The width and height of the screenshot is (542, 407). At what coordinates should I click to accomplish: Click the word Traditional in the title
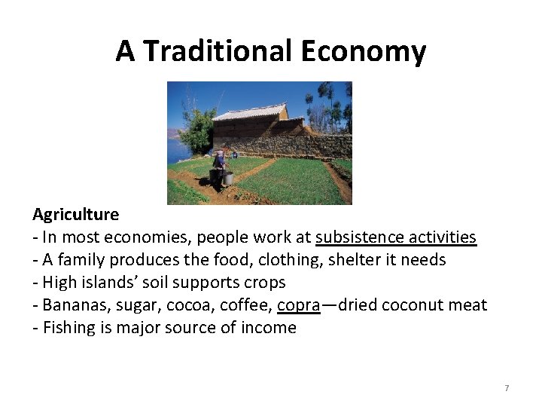pyautogui.click(x=217, y=51)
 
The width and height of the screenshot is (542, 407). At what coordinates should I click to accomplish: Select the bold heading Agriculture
pyautogui.click(x=75, y=214)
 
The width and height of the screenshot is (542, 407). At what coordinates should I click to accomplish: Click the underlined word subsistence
pyautogui.click(x=359, y=237)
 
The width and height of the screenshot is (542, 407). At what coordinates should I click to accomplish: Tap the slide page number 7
pyautogui.click(x=507, y=388)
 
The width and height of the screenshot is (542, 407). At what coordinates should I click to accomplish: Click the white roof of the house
pyautogui.click(x=248, y=113)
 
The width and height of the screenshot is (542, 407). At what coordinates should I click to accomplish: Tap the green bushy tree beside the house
pyautogui.click(x=198, y=128)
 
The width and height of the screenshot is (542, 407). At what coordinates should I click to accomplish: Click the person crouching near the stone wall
pyautogui.click(x=235, y=154)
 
